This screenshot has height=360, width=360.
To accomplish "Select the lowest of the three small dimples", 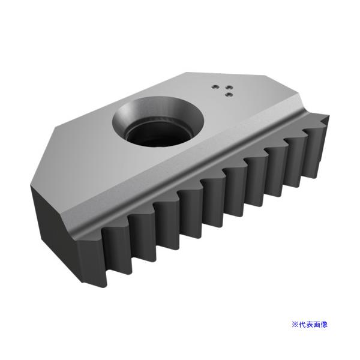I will click(x=227, y=94).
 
